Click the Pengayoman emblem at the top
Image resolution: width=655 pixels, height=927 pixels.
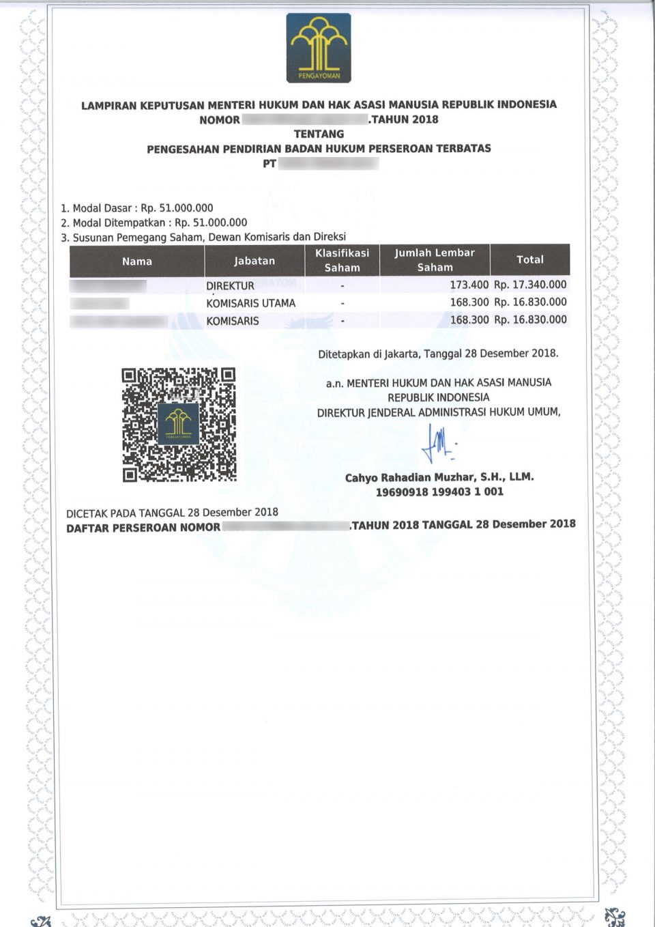coord(319,48)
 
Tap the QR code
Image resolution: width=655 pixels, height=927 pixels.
coord(179,425)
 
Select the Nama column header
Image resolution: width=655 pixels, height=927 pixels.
coord(137,261)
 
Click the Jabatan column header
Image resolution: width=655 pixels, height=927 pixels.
coord(254,261)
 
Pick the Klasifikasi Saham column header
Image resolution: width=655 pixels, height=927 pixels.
coord(342,260)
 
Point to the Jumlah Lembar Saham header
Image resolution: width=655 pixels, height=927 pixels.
coord(435,260)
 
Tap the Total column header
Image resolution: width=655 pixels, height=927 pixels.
coord(530,259)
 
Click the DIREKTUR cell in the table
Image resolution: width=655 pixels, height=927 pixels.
coord(231,286)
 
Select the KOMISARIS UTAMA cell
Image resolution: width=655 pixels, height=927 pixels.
coord(251,303)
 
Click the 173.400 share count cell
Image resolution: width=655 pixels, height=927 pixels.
coord(469,285)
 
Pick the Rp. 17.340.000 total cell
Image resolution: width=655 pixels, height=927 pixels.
coord(530,285)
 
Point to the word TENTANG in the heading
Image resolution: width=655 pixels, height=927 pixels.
coord(319,134)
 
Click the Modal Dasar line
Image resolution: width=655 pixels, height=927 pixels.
coord(136,208)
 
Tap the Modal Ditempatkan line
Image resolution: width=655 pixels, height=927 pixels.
coord(154,223)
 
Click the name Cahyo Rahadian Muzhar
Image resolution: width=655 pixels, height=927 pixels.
coord(439,477)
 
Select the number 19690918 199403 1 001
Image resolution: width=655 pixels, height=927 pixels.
coord(439,491)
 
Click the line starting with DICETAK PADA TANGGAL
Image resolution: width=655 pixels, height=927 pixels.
coord(172,513)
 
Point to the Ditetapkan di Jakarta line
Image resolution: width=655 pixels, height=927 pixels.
coord(438,354)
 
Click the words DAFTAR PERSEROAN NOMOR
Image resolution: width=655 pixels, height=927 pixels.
coord(143,528)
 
